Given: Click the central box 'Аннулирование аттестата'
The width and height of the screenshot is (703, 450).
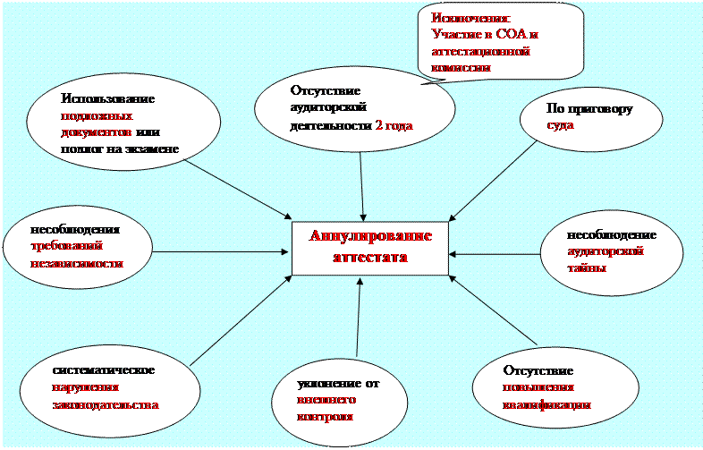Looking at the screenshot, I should (370, 248).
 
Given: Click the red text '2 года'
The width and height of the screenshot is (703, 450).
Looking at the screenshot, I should (394, 126).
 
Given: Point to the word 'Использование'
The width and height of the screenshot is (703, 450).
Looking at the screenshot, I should (107, 99).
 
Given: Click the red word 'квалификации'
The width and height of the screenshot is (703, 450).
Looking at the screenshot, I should (546, 403).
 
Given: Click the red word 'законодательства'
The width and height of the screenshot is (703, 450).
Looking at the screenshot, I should (105, 404).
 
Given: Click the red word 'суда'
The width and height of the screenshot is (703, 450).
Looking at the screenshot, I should (561, 126).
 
